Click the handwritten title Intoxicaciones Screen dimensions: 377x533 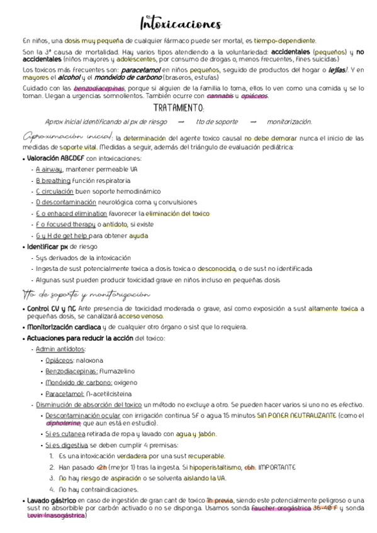point(181,24)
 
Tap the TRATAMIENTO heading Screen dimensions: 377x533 point(188,108)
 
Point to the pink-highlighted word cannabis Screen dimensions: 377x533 point(220,96)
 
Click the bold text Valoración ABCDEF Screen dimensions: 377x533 point(55,158)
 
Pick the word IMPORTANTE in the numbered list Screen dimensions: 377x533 point(278,467)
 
